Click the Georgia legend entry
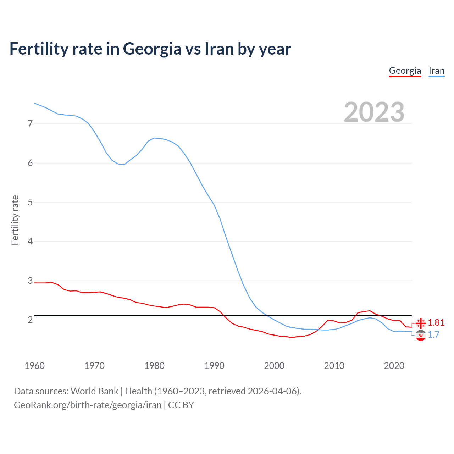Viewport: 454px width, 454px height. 405,71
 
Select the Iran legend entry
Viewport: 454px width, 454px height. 436,71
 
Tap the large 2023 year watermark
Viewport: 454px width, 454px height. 374,112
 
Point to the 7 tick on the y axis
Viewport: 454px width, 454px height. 30,123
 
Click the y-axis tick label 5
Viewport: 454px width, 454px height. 30,202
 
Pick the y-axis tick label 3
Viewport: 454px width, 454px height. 30,281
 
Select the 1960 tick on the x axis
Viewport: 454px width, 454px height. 34,366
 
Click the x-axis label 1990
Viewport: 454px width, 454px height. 214,366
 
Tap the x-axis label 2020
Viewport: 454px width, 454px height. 394,366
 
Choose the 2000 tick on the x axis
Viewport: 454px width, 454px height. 274,366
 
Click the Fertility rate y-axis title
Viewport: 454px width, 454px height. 15,220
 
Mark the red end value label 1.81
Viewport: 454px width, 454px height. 436,322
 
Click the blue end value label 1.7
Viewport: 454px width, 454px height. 433,334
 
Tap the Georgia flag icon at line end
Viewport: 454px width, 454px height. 421,323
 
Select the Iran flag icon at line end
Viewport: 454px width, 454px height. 421,335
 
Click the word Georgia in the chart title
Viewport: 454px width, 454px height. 152,49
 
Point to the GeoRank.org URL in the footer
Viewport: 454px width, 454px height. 88,405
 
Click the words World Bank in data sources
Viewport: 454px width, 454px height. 94,391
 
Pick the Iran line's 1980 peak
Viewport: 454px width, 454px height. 154,138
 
